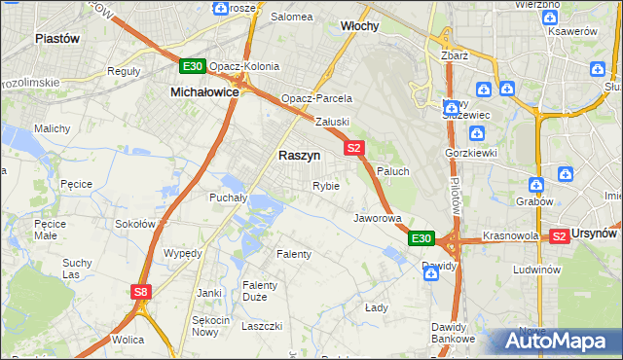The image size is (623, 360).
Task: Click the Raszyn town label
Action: point(299,155)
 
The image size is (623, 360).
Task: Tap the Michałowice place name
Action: point(204,90)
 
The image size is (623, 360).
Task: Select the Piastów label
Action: point(56,38)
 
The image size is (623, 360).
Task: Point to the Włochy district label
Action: point(360,25)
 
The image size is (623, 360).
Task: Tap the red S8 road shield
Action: point(142,291)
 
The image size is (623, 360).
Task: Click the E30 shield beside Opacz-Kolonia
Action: point(192,66)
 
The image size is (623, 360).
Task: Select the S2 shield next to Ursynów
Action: point(559,235)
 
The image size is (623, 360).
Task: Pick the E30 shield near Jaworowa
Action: point(421,238)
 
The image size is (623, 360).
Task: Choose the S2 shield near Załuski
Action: point(353,148)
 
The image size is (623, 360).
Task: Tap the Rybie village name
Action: point(325,186)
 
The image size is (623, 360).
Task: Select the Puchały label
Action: point(229,197)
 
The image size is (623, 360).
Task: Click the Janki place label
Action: point(209,292)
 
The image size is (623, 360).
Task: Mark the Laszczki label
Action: point(262,326)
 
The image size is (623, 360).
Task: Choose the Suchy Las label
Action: point(77,268)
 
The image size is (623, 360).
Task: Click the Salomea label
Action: point(291,17)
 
